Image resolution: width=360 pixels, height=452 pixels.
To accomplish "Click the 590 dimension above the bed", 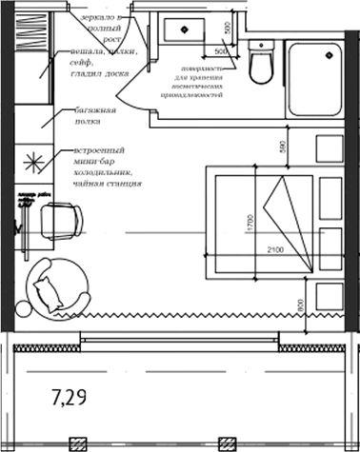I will tap(280, 148).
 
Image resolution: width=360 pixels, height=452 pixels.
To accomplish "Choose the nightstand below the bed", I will tap(330, 295).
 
